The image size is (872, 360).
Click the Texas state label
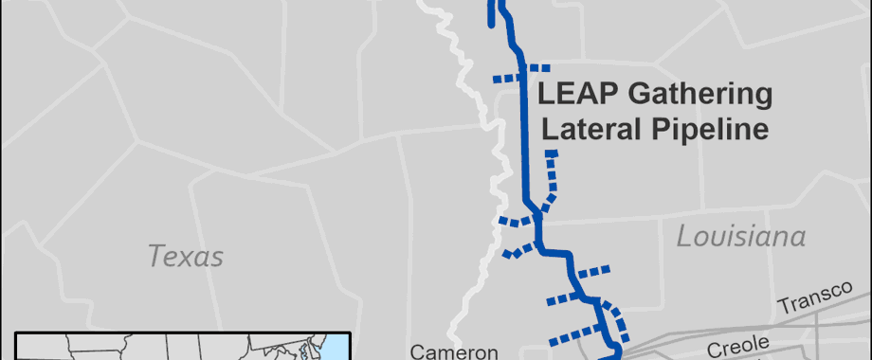[186, 256]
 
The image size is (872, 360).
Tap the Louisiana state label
[740, 237]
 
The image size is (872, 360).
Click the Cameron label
[453, 351]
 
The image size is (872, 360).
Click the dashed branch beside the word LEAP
[519, 73]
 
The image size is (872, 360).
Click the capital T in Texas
[154, 256]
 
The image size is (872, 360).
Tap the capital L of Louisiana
[681, 237]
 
